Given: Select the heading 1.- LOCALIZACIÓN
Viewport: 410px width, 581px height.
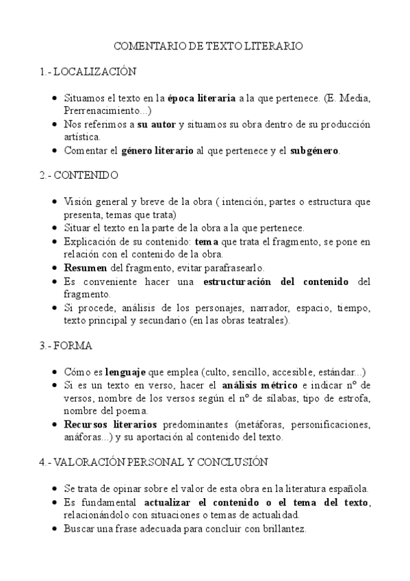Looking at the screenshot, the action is click(88, 71).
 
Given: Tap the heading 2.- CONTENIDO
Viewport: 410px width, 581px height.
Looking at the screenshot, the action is click(79, 175).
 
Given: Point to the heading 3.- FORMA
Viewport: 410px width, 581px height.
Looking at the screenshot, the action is click(66, 345).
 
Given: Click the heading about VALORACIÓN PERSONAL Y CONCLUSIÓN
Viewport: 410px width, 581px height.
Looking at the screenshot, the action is click(153, 462).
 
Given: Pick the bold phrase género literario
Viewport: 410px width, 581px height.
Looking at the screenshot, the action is click(157, 150).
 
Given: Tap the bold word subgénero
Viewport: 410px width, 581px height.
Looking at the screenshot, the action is click(315, 150).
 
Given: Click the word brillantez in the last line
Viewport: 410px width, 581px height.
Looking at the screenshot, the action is click(282, 528).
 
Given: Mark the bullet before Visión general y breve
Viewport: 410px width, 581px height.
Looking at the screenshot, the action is click(55, 202).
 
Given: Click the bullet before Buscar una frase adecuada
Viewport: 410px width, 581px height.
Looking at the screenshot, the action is click(55, 529).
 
